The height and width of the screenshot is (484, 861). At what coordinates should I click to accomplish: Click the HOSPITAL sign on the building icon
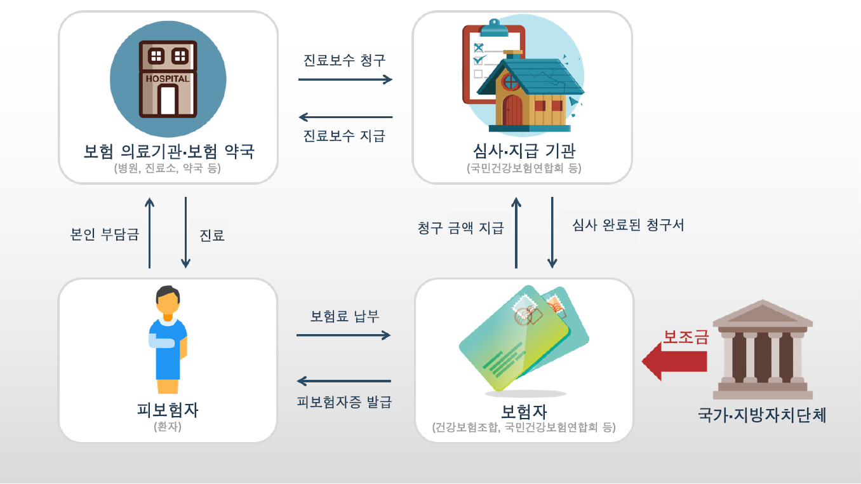coord(168,79)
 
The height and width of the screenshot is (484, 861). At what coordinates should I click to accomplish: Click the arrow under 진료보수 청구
coord(345,79)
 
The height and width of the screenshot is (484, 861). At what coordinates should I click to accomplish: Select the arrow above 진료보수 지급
coord(345,117)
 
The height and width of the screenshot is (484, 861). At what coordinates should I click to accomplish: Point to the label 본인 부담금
coord(105,234)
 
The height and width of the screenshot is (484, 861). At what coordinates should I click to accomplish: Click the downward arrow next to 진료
coord(185,232)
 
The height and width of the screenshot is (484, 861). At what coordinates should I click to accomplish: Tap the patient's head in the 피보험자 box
coord(168,300)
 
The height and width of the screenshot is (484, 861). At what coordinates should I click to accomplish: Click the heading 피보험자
coord(168,410)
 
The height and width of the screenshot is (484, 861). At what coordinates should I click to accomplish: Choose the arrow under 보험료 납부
coord(344,335)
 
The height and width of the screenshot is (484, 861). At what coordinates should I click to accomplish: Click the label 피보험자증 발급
coord(344,402)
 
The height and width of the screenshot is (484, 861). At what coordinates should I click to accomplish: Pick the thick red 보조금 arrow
coord(674,361)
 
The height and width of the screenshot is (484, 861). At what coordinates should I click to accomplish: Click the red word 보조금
coord(686,337)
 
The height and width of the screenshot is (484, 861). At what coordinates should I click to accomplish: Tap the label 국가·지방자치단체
coord(762,415)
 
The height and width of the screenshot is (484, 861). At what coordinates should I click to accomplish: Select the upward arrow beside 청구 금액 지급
coord(516,232)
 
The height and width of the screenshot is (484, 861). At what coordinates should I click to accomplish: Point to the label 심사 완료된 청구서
coord(628,225)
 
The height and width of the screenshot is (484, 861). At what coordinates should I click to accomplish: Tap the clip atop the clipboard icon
coord(494,28)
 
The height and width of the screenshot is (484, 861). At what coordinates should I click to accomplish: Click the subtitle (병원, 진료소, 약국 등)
coord(168,168)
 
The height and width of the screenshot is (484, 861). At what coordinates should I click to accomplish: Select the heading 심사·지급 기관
coord(524,151)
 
